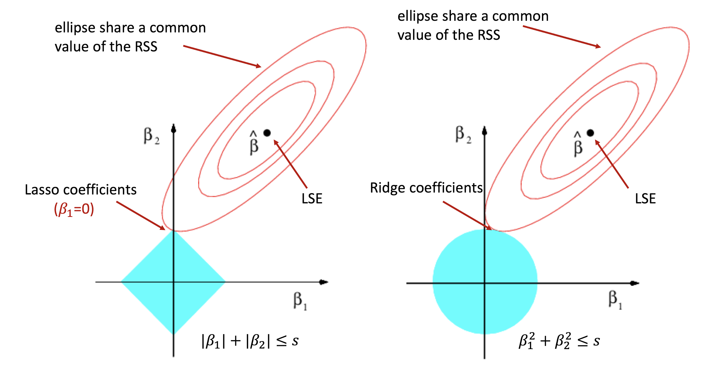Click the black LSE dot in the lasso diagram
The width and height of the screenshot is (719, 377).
click(x=267, y=133)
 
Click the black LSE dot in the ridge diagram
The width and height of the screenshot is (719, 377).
click(x=590, y=133)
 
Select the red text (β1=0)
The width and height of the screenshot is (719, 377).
click(x=74, y=209)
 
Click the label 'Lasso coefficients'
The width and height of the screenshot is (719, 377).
click(x=80, y=190)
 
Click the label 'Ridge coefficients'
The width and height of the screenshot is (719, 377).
click(x=426, y=188)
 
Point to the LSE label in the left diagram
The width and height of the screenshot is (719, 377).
click(x=312, y=199)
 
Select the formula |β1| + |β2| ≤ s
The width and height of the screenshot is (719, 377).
click(x=250, y=341)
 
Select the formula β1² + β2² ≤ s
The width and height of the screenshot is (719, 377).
click(x=559, y=341)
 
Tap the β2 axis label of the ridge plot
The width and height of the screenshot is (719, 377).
click(x=463, y=135)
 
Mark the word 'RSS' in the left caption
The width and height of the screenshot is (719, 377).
click(x=146, y=47)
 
